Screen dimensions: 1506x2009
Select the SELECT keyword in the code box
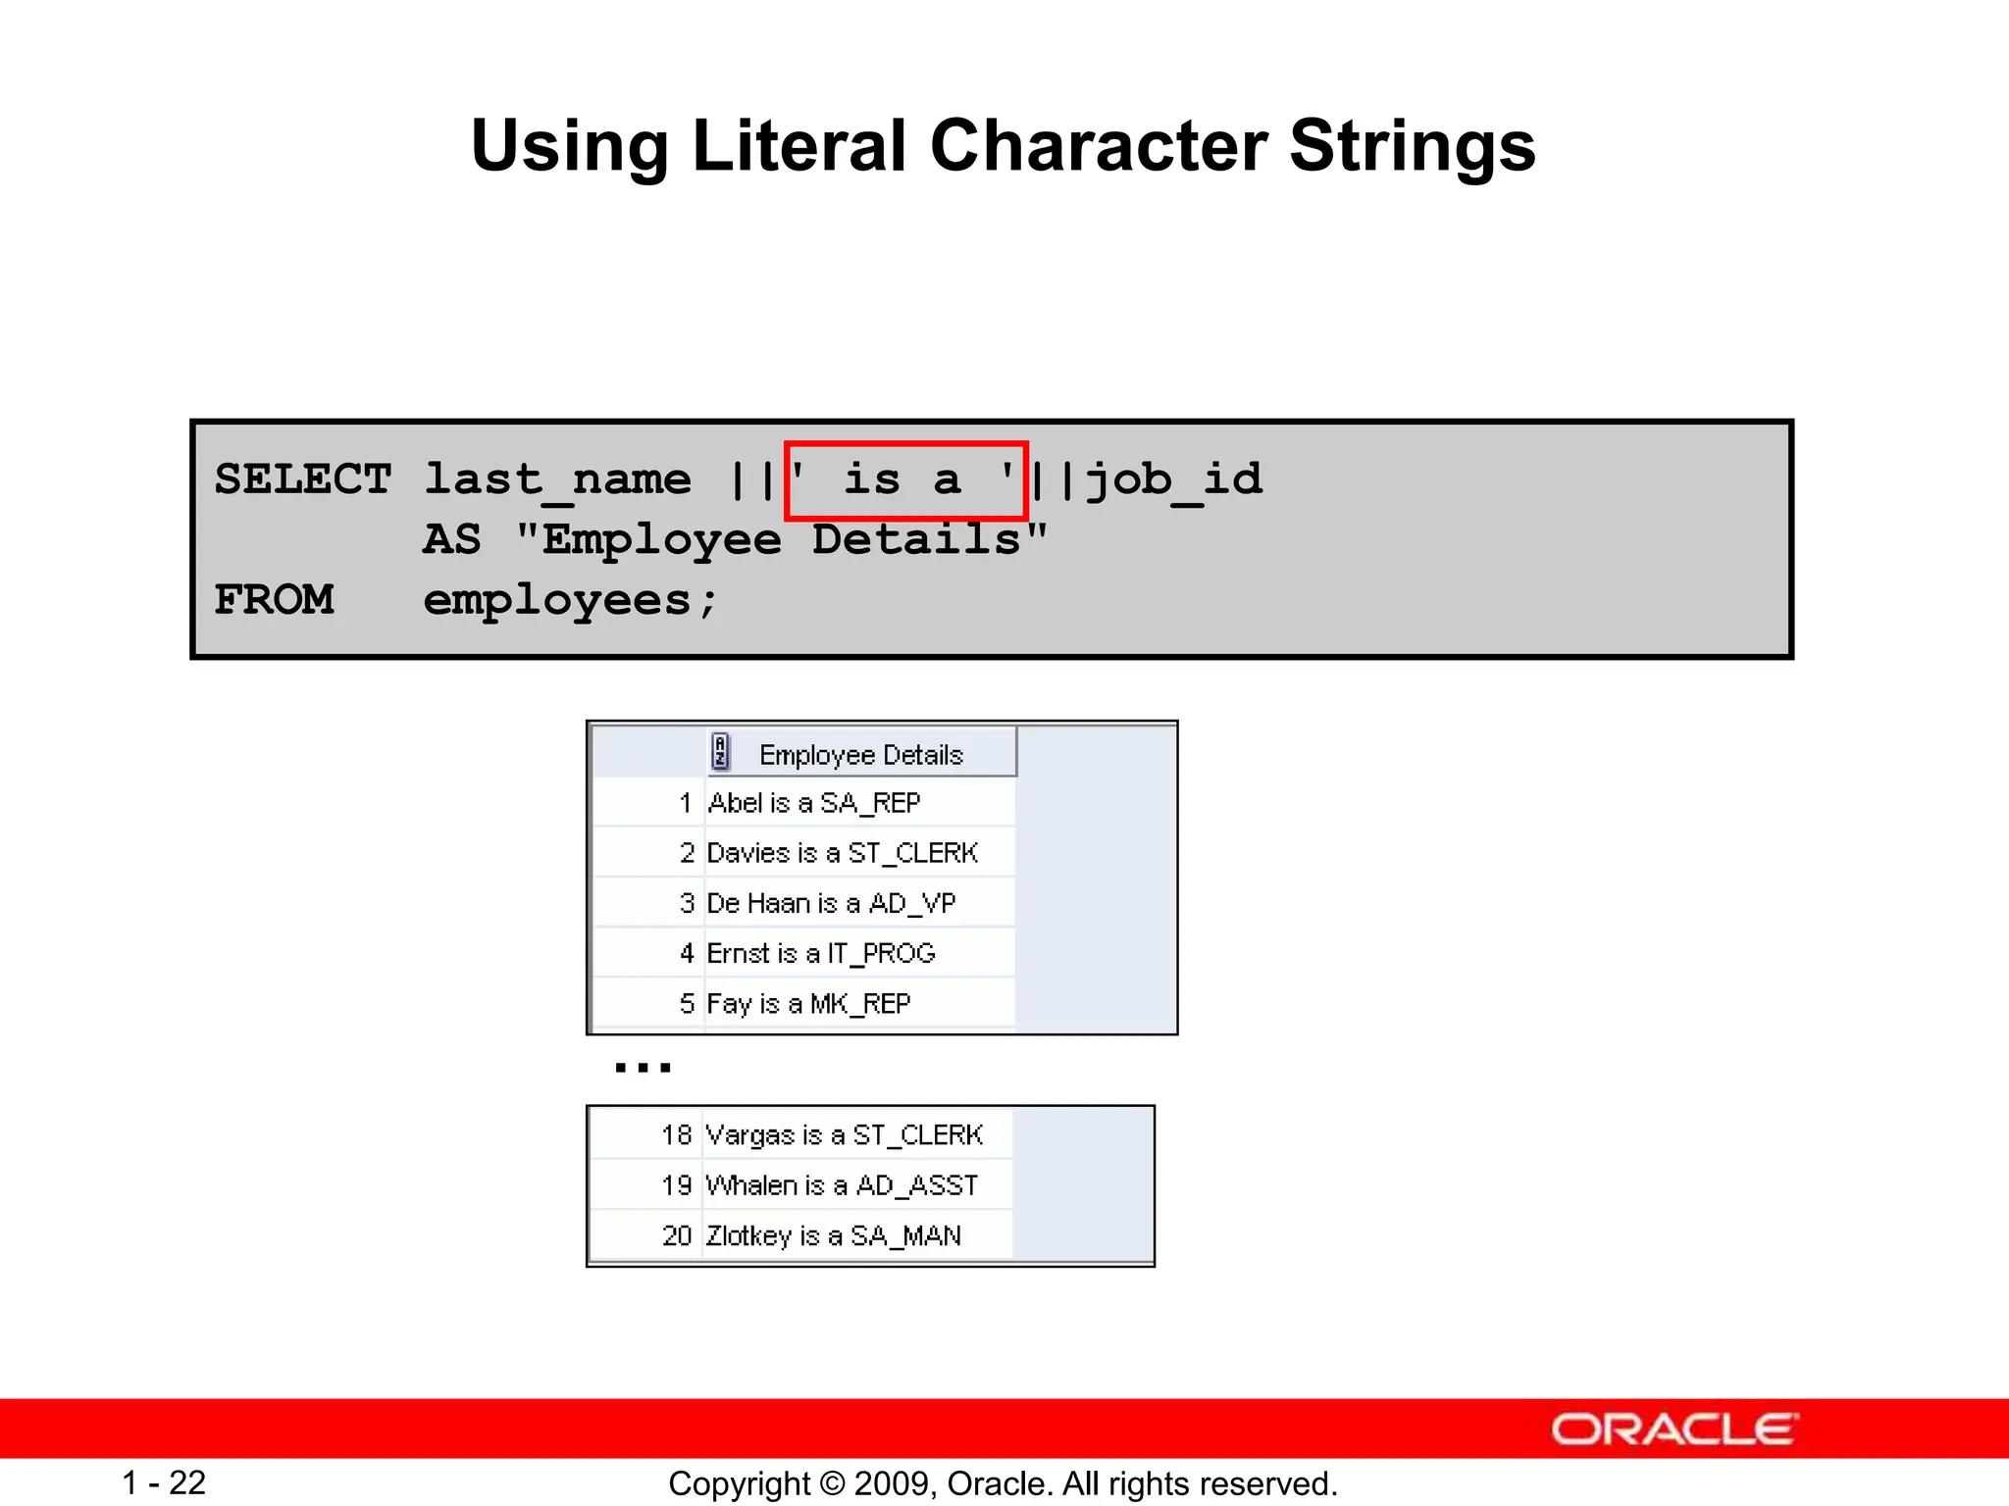coord(302,479)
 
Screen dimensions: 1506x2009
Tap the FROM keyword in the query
coord(274,599)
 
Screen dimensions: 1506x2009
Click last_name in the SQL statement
coord(557,479)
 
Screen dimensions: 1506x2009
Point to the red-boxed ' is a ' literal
coord(904,479)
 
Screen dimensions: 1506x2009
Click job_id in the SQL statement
coord(1174,479)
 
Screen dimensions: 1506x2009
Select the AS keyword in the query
coord(451,539)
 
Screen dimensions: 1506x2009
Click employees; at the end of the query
coord(571,599)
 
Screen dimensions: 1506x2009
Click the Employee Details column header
coord(860,754)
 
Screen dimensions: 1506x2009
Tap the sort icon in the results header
coord(721,752)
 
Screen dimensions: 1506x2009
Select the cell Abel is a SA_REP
coord(813,803)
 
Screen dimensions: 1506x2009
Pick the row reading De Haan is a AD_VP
coord(830,903)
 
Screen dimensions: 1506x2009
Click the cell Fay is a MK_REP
coord(808,1003)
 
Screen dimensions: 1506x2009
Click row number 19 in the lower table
coord(676,1185)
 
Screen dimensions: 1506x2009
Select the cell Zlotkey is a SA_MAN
coord(833,1235)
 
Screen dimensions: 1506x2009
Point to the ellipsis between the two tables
coord(643,1067)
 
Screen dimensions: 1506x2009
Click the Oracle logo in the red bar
coord(1674,1429)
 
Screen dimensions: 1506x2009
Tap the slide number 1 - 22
coord(164,1482)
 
